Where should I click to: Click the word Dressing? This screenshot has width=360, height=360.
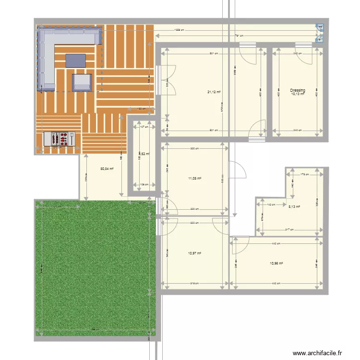[x=298, y=90]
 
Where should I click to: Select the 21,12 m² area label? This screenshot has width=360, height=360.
[x=214, y=92]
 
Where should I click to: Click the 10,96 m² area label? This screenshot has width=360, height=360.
[x=276, y=264]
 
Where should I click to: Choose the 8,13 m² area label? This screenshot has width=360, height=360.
[x=294, y=207]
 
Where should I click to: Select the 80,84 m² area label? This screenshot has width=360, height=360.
[x=107, y=169]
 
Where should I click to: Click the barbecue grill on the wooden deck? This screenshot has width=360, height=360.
[x=59, y=139]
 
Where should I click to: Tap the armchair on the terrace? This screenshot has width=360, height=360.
[x=82, y=82]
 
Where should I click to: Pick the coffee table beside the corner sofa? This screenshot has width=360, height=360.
[x=76, y=60]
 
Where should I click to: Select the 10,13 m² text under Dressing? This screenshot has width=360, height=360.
[x=298, y=94]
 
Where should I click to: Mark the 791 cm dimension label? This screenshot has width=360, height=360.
[x=239, y=36]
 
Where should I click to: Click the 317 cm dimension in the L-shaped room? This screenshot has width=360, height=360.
[x=289, y=230]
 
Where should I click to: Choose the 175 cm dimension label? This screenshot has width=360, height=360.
[x=304, y=174]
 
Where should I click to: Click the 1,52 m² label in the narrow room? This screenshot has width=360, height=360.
[x=145, y=154]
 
